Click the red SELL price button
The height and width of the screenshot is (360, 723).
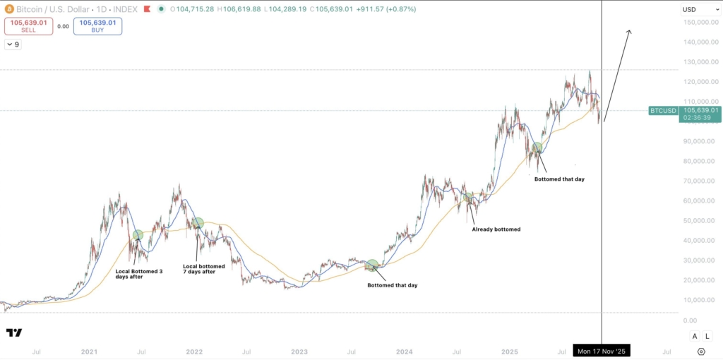click(29, 26)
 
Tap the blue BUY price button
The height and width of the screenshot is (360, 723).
click(97, 26)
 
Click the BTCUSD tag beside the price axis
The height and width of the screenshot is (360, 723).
click(663, 111)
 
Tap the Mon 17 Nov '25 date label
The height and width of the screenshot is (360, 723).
click(602, 351)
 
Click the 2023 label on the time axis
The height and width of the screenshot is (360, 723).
click(299, 351)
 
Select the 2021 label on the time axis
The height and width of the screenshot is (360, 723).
click(89, 351)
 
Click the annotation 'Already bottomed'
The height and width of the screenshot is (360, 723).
click(496, 229)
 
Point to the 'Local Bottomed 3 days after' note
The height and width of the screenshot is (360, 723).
click(139, 274)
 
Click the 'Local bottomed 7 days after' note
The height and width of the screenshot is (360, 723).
click(203, 269)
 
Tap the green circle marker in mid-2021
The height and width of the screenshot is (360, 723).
click(138, 235)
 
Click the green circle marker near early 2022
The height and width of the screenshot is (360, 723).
click(198, 223)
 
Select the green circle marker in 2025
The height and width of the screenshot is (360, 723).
click(537, 148)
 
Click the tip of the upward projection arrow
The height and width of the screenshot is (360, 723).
click(628, 30)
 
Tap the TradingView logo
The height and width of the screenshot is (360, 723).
click(14, 332)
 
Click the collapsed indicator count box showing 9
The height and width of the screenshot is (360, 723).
click(13, 44)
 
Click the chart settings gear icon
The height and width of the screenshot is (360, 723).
click(700, 351)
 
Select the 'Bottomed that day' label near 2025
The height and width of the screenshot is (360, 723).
click(559, 179)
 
